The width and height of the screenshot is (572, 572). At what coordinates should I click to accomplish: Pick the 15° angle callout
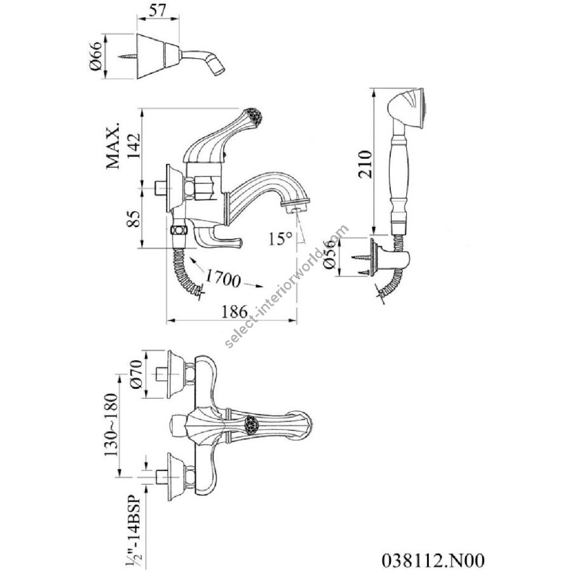tap(279, 239)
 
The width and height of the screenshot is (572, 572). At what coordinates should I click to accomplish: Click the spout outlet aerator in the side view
tap(296, 207)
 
